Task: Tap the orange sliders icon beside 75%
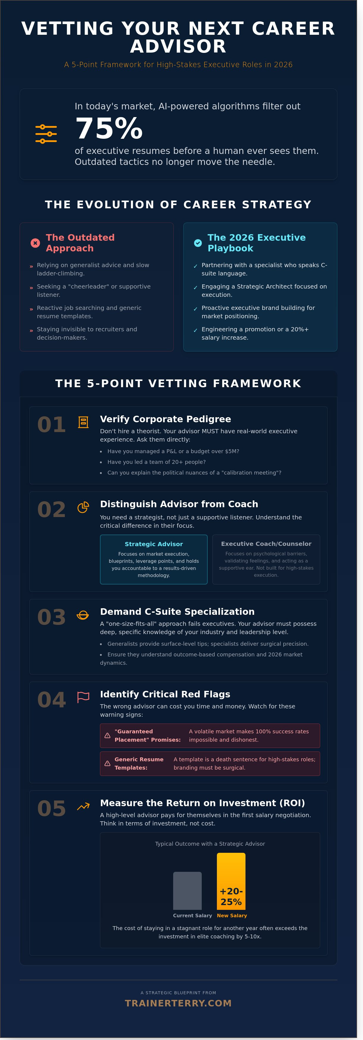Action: pos(46,134)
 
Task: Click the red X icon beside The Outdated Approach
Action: pos(35,243)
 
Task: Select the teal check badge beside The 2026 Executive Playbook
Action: pos(198,243)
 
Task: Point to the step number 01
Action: pos(51,425)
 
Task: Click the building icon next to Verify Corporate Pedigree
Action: pos(83,422)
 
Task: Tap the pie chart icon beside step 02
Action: pos(83,507)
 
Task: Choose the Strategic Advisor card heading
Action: pos(154,544)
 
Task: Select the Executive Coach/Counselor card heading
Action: pos(266,544)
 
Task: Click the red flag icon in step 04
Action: pos(83,697)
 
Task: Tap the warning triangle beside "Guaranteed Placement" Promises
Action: pos(107,736)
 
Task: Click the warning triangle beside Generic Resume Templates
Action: pos(107,763)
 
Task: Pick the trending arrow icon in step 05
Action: pos(83,807)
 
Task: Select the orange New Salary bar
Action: pos(231,881)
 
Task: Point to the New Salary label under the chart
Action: pos(231,916)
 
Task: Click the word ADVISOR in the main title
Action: pos(178,46)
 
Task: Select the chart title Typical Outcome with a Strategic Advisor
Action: pos(210,844)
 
